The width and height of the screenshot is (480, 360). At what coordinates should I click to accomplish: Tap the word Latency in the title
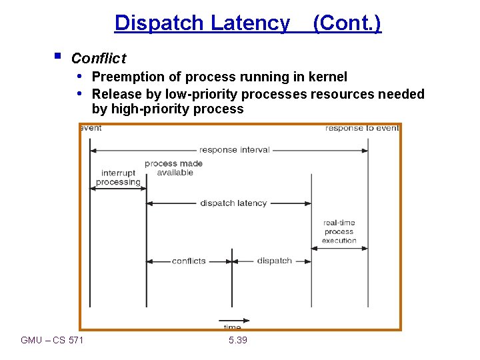pos(250,23)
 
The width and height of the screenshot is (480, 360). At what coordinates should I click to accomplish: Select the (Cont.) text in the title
pos(347,23)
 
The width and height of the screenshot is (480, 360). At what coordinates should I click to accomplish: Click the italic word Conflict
pos(98,59)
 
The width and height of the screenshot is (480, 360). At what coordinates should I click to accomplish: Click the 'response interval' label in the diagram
pos(235,150)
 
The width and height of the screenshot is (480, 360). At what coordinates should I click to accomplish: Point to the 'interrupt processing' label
pos(118,177)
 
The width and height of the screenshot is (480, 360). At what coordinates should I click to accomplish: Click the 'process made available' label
pos(174,168)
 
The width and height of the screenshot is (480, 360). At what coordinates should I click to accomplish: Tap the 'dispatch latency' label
pos(233,203)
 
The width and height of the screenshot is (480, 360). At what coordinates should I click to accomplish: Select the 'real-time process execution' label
pos(339,231)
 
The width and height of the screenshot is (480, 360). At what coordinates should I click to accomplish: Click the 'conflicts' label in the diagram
pos(189,261)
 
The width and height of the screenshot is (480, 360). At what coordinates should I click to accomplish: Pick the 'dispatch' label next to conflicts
pos(275,261)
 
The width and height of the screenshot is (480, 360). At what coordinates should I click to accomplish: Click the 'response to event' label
pos(362,128)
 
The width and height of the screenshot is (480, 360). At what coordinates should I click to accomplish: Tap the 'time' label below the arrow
pos(231,327)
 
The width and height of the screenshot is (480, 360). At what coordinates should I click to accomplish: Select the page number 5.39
pos(237,341)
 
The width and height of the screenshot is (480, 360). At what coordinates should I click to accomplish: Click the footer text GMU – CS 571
pos(53,341)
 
